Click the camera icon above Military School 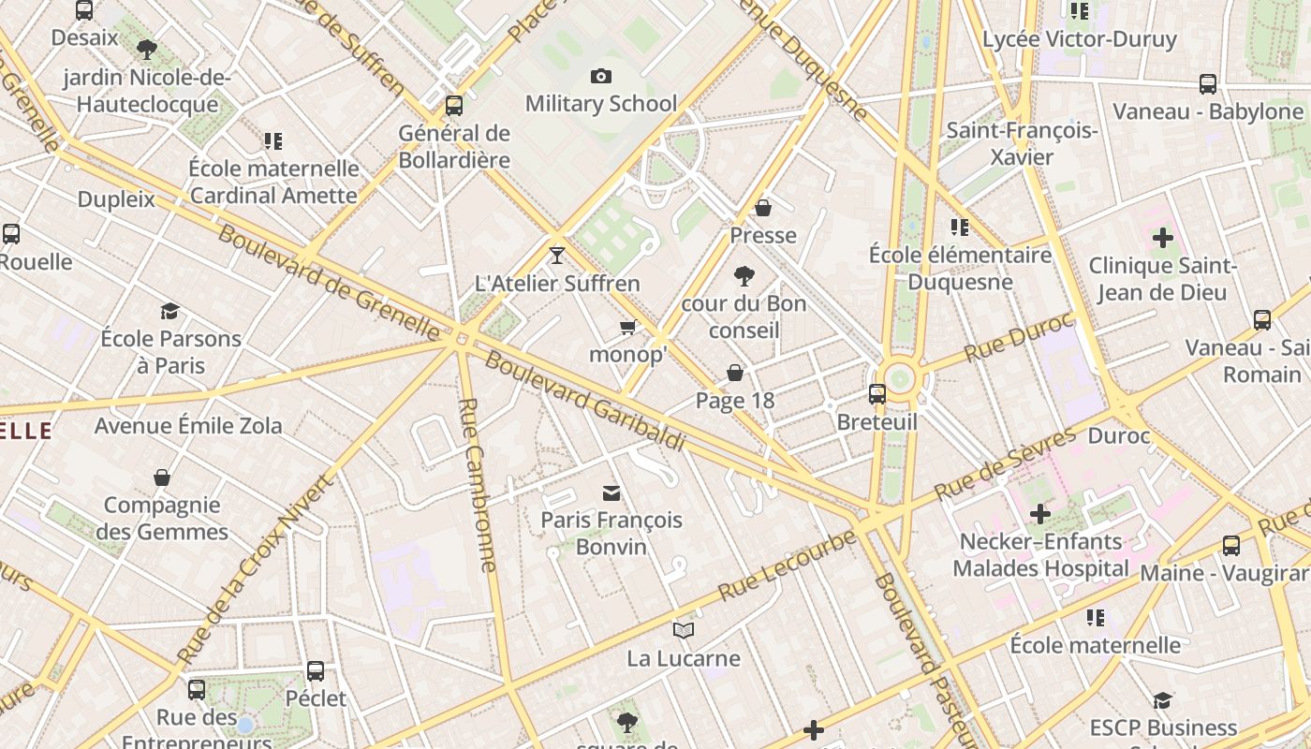(601, 76)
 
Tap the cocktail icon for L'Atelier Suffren (557, 255)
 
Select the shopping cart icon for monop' (628, 327)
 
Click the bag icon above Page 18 (735, 373)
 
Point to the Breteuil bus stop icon (876, 394)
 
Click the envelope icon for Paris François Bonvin (611, 492)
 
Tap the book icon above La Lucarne (684, 631)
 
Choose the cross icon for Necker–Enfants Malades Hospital (1039, 514)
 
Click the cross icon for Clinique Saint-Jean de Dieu (1162, 238)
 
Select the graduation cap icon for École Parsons (169, 311)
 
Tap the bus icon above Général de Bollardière (454, 105)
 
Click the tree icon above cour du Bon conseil (744, 275)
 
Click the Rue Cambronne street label (478, 484)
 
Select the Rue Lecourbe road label (787, 565)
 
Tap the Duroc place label (1118, 435)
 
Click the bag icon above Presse (763, 208)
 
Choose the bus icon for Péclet (316, 671)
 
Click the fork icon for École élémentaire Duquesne (959, 228)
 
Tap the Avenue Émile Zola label (188, 425)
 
